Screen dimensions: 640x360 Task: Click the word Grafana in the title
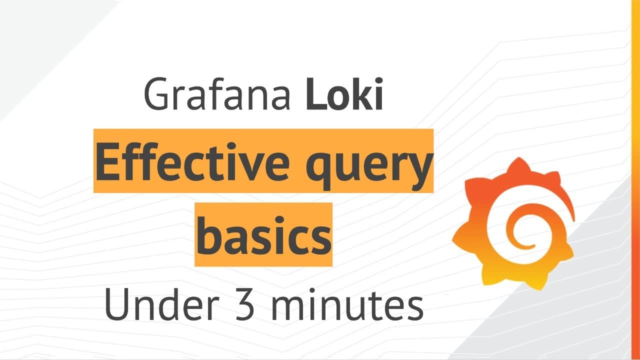[x=217, y=93]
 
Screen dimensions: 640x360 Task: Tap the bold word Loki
[x=344, y=93]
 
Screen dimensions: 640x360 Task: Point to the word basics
[x=263, y=235]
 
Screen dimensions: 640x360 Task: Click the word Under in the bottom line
[x=162, y=304]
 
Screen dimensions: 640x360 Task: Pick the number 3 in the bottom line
[x=245, y=304]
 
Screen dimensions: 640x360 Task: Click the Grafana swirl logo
[x=513, y=224]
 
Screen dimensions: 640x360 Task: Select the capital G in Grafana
[x=156, y=93]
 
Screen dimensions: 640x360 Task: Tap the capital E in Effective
[x=107, y=161]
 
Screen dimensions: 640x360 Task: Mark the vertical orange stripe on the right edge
[x=635, y=180]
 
